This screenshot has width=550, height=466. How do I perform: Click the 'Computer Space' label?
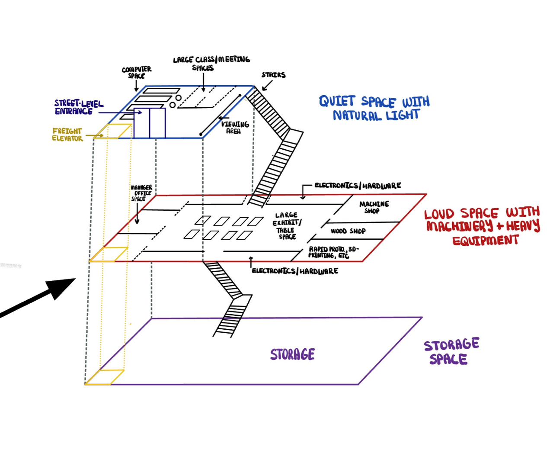click(x=137, y=72)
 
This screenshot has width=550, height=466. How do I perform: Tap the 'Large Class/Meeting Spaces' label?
click(x=211, y=63)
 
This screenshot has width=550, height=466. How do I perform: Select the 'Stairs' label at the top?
click(x=273, y=75)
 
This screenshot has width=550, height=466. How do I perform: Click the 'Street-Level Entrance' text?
click(x=79, y=107)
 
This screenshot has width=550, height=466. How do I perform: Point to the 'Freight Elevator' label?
click(x=67, y=135)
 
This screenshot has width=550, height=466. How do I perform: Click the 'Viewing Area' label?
click(x=235, y=127)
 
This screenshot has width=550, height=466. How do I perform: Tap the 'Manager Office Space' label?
click(x=141, y=193)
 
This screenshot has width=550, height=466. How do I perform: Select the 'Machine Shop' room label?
click(x=374, y=207)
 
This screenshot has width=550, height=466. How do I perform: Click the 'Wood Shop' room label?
click(x=348, y=231)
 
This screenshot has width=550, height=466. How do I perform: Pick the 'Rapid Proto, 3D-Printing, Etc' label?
click(x=333, y=252)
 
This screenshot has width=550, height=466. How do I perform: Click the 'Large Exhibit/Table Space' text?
click(x=287, y=225)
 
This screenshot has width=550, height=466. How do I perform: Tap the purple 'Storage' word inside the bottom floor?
click(x=292, y=354)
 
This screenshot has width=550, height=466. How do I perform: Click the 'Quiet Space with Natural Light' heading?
click(x=374, y=108)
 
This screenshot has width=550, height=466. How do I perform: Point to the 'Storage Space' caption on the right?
click(x=451, y=352)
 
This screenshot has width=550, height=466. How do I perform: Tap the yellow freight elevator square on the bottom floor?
click(x=105, y=377)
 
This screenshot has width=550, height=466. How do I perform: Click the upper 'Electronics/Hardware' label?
click(x=358, y=186)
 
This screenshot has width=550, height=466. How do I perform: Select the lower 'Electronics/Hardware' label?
click(x=295, y=271)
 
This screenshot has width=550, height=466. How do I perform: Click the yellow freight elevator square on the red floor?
click(x=109, y=254)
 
